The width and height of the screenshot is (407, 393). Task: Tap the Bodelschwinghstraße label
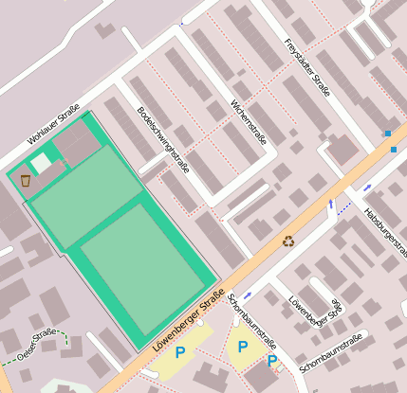[163, 140]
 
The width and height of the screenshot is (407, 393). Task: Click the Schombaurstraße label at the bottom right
[333, 350]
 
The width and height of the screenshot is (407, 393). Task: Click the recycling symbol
[288, 241]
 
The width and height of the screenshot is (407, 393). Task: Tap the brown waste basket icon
[25, 179]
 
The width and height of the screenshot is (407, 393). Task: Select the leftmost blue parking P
[179, 352]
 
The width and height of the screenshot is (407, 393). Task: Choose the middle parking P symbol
[243, 348]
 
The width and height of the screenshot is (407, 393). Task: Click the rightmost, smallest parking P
[272, 361]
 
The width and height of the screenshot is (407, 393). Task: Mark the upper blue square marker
[387, 133]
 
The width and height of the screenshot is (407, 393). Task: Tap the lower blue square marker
[394, 150]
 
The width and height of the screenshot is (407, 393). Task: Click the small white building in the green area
[41, 163]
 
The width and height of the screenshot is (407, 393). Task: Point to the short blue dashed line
[343, 209]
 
